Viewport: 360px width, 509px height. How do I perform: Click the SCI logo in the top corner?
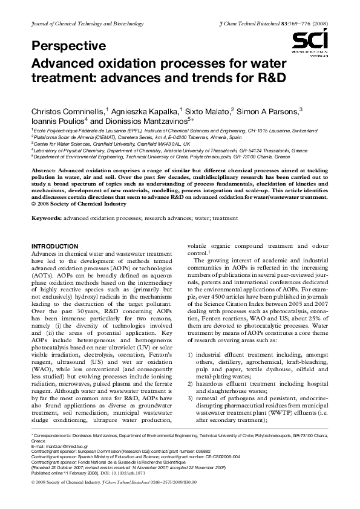pyautogui.click(x=310, y=42)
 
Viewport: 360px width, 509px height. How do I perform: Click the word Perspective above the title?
pyautogui.click(x=68, y=46)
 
